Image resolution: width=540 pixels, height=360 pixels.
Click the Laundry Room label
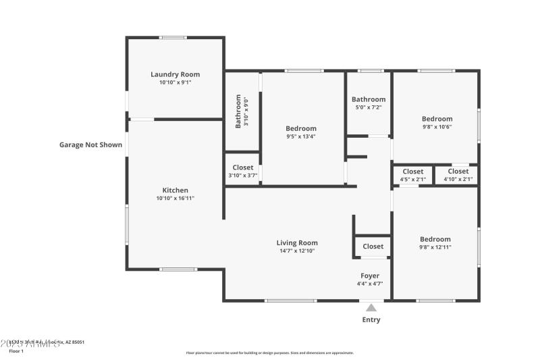tap(175, 74)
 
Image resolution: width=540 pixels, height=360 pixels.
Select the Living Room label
tap(297, 242)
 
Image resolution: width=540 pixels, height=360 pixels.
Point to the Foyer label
tap(370, 276)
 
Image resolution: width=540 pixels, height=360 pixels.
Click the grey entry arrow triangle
tap(371, 308)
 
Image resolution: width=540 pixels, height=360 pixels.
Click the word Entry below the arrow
tap(371, 319)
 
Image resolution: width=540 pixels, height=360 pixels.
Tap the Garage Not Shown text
tap(90, 145)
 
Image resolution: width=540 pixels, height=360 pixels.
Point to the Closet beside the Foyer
tap(373, 247)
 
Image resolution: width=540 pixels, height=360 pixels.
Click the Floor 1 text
tap(16, 351)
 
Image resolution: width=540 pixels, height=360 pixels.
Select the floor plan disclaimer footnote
tap(270, 353)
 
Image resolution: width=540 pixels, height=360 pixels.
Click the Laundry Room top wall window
tap(173, 37)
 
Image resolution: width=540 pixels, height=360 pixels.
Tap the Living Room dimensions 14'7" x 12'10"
tap(297, 251)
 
